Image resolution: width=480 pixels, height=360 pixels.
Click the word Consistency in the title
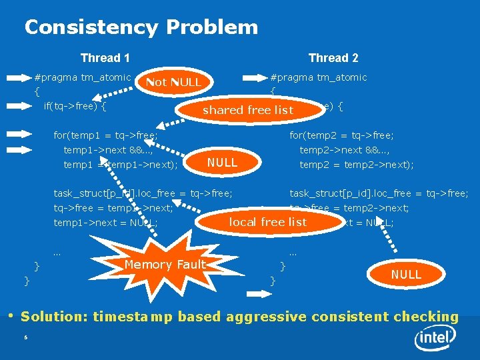coord(91,27)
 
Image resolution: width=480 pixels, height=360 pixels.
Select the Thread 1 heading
coord(105,58)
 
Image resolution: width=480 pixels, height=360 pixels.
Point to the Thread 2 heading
coord(333,58)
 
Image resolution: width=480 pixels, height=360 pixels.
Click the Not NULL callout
coord(173,82)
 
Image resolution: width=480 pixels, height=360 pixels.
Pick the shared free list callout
coord(248,110)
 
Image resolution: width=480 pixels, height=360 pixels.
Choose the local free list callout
coord(268,222)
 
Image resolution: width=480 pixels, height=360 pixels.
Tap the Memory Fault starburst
coord(165,265)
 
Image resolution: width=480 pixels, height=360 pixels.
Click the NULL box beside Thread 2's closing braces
coord(406,275)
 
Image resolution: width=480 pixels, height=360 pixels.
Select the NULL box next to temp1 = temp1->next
coord(222,163)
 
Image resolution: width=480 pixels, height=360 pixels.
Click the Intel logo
coord(437,339)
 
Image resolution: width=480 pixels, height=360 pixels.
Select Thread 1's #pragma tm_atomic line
coord(83,77)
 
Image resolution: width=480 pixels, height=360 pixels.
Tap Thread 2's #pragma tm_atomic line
coord(318,77)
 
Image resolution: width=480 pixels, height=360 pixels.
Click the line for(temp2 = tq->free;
coord(341,135)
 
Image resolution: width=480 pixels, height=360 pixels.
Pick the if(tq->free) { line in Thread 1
coord(75,105)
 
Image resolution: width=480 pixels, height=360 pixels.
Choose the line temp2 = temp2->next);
coord(357,164)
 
